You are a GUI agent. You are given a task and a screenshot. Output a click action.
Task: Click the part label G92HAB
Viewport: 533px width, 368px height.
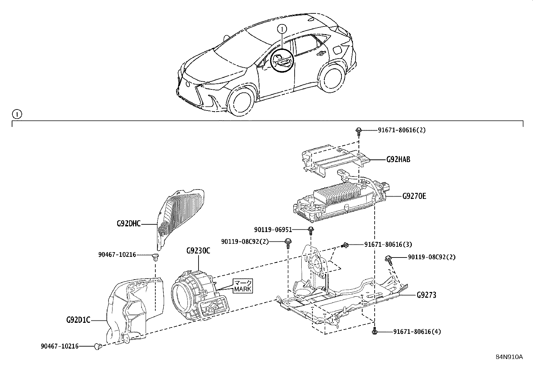398,159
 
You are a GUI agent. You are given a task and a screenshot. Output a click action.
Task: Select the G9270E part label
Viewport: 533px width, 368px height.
414,196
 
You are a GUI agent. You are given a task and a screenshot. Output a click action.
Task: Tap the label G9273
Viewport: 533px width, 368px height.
427,295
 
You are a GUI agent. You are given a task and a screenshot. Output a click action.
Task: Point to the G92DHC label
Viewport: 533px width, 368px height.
129,223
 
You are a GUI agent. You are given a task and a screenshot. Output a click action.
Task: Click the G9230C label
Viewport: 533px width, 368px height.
198,251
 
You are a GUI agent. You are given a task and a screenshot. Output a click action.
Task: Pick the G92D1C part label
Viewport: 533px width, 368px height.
78,320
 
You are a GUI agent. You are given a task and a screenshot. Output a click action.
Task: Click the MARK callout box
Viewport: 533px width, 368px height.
243,286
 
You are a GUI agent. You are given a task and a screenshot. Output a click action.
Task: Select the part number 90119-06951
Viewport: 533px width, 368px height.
273,230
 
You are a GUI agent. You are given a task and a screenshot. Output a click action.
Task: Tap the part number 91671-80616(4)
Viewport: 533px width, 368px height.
417,332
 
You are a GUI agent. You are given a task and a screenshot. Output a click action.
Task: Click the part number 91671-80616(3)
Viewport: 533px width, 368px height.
388,245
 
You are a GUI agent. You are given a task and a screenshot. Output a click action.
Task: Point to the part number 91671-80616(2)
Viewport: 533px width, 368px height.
402,130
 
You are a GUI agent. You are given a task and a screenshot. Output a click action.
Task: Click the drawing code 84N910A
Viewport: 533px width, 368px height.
509,357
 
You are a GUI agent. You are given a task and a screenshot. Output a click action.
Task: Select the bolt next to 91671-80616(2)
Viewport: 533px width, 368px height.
359,130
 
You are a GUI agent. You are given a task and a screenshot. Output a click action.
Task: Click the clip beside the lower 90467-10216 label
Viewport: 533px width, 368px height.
98,346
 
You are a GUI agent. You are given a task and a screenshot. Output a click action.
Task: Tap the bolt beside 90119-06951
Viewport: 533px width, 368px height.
311,230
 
